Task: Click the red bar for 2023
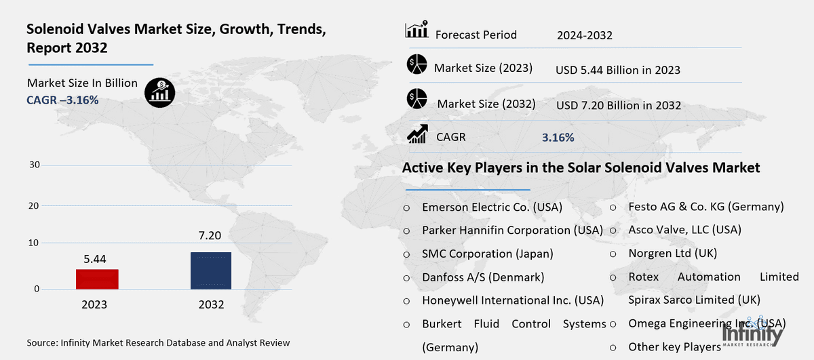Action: point(97,279)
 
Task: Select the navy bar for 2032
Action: point(211,271)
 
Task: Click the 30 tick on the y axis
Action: point(35,165)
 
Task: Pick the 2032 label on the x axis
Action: point(211,304)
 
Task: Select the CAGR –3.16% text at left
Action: point(62,100)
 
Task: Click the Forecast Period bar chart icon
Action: point(416,31)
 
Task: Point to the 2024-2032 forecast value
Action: point(584,35)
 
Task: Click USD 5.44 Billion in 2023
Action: point(617,70)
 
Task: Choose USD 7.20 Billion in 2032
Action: point(618,105)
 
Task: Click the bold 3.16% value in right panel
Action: point(558,138)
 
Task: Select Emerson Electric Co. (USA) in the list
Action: point(492,207)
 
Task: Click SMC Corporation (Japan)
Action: point(487,254)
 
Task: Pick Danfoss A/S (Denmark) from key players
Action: point(483,277)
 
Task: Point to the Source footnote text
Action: point(158,343)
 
